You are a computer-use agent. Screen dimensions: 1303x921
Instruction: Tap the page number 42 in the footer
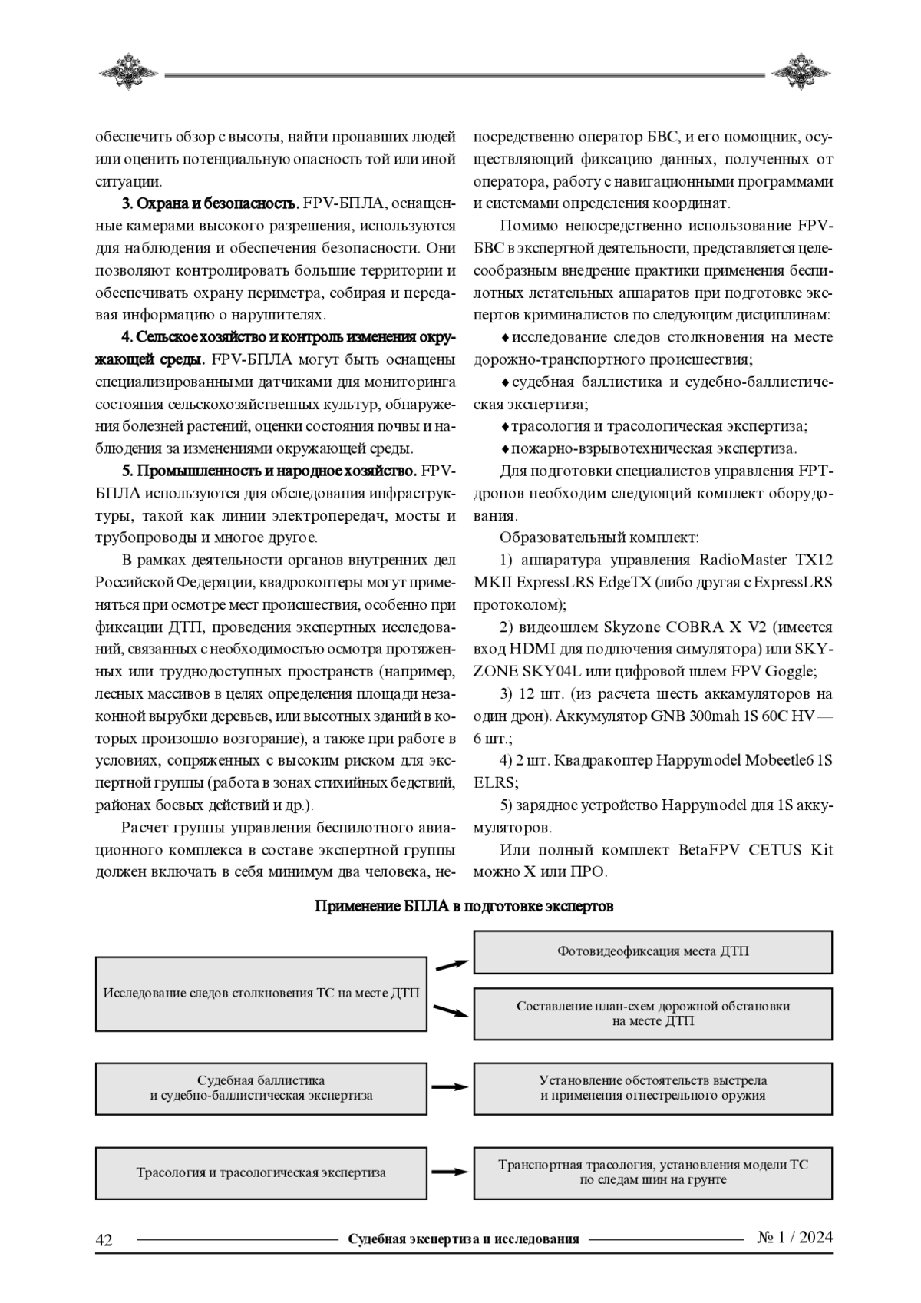(104, 1240)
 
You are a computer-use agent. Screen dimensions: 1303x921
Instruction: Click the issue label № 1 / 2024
(794, 1238)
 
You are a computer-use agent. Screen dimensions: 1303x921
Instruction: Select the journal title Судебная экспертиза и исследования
(463, 1239)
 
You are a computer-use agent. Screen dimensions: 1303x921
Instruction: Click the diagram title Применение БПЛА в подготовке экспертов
(464, 907)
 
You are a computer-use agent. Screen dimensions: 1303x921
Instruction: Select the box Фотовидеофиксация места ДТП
(652, 952)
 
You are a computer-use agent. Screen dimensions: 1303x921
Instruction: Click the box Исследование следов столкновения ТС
(261, 994)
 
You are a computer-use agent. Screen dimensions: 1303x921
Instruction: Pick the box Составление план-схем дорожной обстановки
(652, 1014)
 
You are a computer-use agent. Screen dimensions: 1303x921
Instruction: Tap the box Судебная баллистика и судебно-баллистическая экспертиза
(261, 1088)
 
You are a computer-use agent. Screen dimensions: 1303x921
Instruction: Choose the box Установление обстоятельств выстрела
(652, 1088)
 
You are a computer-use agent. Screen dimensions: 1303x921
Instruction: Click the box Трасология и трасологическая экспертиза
(261, 1172)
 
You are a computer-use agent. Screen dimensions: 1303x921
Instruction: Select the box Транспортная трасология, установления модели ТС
(652, 1172)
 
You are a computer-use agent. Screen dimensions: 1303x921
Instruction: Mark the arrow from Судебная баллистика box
(450, 1087)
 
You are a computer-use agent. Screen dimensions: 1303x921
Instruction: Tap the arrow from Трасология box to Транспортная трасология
(450, 1172)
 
